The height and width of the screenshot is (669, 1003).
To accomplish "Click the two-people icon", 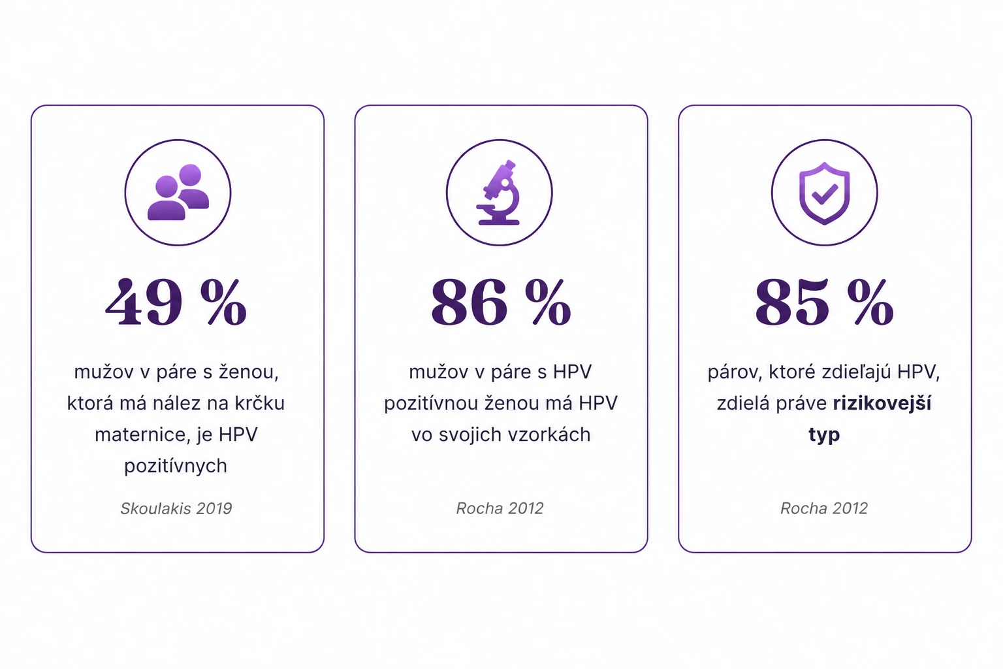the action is pos(178,192).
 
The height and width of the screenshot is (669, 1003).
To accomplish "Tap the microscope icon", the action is pos(498,192).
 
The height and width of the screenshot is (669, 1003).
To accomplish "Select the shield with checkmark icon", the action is pos(824,193).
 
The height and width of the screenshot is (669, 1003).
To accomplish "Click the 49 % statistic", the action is pos(176,302).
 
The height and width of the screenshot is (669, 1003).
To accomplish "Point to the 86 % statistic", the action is pos(501,302).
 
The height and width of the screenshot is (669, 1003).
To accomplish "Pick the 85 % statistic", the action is pos(824,302).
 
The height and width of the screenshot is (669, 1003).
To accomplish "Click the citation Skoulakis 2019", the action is pos(176,508).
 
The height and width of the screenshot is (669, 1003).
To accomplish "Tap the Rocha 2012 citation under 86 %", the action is pos(500,508).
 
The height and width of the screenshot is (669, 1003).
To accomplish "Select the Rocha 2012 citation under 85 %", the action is pos(824,508).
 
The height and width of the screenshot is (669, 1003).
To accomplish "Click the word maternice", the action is pos(142,434).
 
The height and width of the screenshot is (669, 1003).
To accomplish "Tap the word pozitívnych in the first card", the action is pos(176,466).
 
